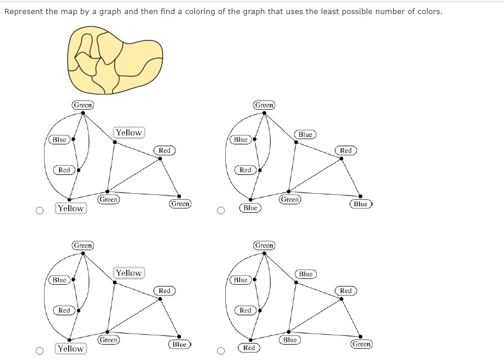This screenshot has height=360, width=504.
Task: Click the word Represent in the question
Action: [24, 11]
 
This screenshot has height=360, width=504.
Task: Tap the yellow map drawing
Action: [114, 61]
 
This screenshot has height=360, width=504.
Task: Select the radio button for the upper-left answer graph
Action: [39, 210]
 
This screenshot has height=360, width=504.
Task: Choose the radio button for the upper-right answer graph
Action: [221, 210]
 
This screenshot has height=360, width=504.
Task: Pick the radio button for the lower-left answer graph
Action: [39, 351]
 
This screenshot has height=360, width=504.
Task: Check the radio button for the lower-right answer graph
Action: [221, 351]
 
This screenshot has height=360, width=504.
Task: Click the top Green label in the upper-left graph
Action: [83, 105]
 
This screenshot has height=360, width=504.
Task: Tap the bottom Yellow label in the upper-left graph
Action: [70, 208]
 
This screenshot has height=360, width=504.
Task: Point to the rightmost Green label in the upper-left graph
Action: [180, 204]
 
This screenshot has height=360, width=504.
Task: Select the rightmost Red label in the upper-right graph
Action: [346, 151]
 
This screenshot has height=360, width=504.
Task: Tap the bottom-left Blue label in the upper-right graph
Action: [250, 208]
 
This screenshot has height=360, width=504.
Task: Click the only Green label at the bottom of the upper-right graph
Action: [290, 200]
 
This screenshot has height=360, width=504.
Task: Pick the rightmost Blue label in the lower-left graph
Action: [180, 344]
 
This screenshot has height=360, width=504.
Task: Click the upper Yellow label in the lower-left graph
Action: [128, 273]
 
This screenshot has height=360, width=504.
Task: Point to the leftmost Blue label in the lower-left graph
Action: [59, 280]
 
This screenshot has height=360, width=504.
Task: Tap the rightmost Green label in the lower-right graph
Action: [361, 344]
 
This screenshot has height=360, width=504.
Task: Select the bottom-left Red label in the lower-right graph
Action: [249, 348]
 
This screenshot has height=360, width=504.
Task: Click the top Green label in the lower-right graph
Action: [264, 245]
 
